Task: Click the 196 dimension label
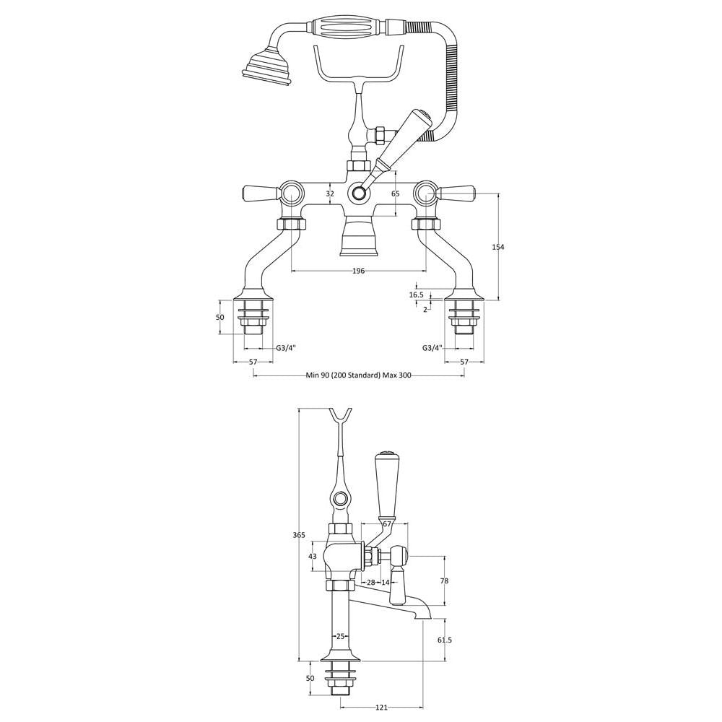[x=358, y=271]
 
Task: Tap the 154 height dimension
[x=497, y=247]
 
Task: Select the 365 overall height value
[x=299, y=534]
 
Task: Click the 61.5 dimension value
[x=444, y=640]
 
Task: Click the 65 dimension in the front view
[x=396, y=193]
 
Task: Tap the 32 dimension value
[x=330, y=193]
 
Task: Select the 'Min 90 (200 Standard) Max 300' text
[x=358, y=375]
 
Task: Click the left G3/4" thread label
[x=286, y=348]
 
